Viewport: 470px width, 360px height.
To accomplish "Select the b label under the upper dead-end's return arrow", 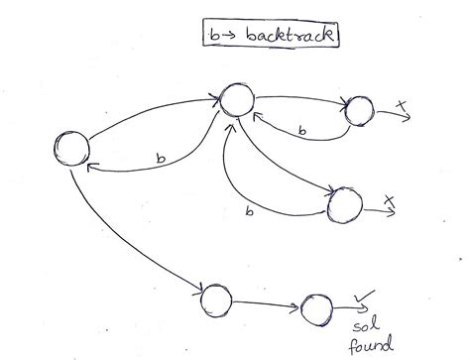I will coord(300,131).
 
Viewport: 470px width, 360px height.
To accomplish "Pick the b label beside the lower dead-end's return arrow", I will coord(248,211).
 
